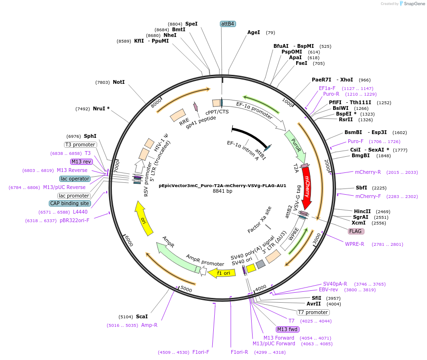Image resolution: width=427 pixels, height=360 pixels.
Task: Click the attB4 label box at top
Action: point(228,24)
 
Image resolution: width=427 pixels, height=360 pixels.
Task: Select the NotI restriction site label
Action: point(118,82)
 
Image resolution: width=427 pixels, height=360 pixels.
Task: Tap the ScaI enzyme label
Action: point(142,316)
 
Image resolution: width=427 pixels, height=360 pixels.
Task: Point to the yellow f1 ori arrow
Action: point(222,273)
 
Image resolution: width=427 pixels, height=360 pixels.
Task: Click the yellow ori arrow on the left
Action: point(144,218)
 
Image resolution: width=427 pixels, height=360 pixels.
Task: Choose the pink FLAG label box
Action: point(356,231)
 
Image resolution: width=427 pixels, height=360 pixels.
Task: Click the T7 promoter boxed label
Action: point(313,312)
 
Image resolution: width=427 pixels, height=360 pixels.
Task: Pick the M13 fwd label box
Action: point(288,329)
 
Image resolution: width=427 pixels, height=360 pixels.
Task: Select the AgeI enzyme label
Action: point(254,33)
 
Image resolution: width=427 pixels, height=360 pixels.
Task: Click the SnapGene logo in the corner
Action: point(410,4)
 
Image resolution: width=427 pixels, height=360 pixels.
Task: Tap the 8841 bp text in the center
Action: point(222,191)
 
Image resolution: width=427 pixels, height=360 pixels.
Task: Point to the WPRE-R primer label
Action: point(354,244)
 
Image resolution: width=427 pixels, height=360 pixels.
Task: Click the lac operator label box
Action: point(75,179)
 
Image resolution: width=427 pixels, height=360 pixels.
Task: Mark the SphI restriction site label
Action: point(90,136)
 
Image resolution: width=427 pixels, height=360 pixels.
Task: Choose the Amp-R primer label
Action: point(149,325)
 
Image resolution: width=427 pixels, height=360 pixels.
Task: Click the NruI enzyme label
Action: point(101,108)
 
